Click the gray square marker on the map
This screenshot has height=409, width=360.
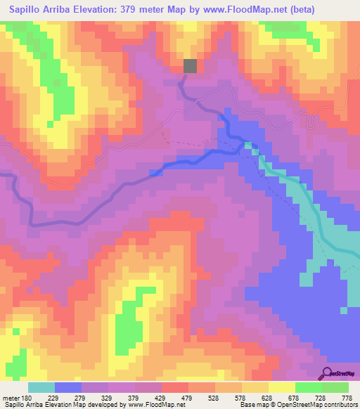tap(191, 66)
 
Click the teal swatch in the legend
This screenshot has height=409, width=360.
tap(41, 388)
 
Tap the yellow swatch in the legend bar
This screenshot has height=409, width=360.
tap(281, 388)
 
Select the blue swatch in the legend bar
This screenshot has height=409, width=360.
tap(68, 388)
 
